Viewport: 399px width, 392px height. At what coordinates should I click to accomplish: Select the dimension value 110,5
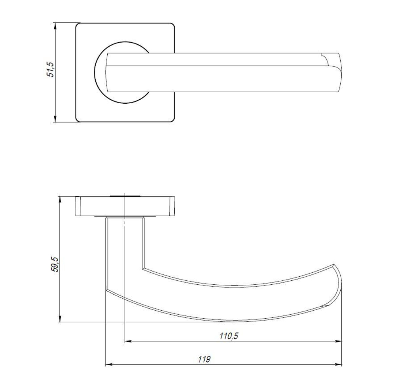pos(229,336)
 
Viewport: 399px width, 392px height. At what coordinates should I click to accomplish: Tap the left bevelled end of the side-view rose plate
pos(78,206)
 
